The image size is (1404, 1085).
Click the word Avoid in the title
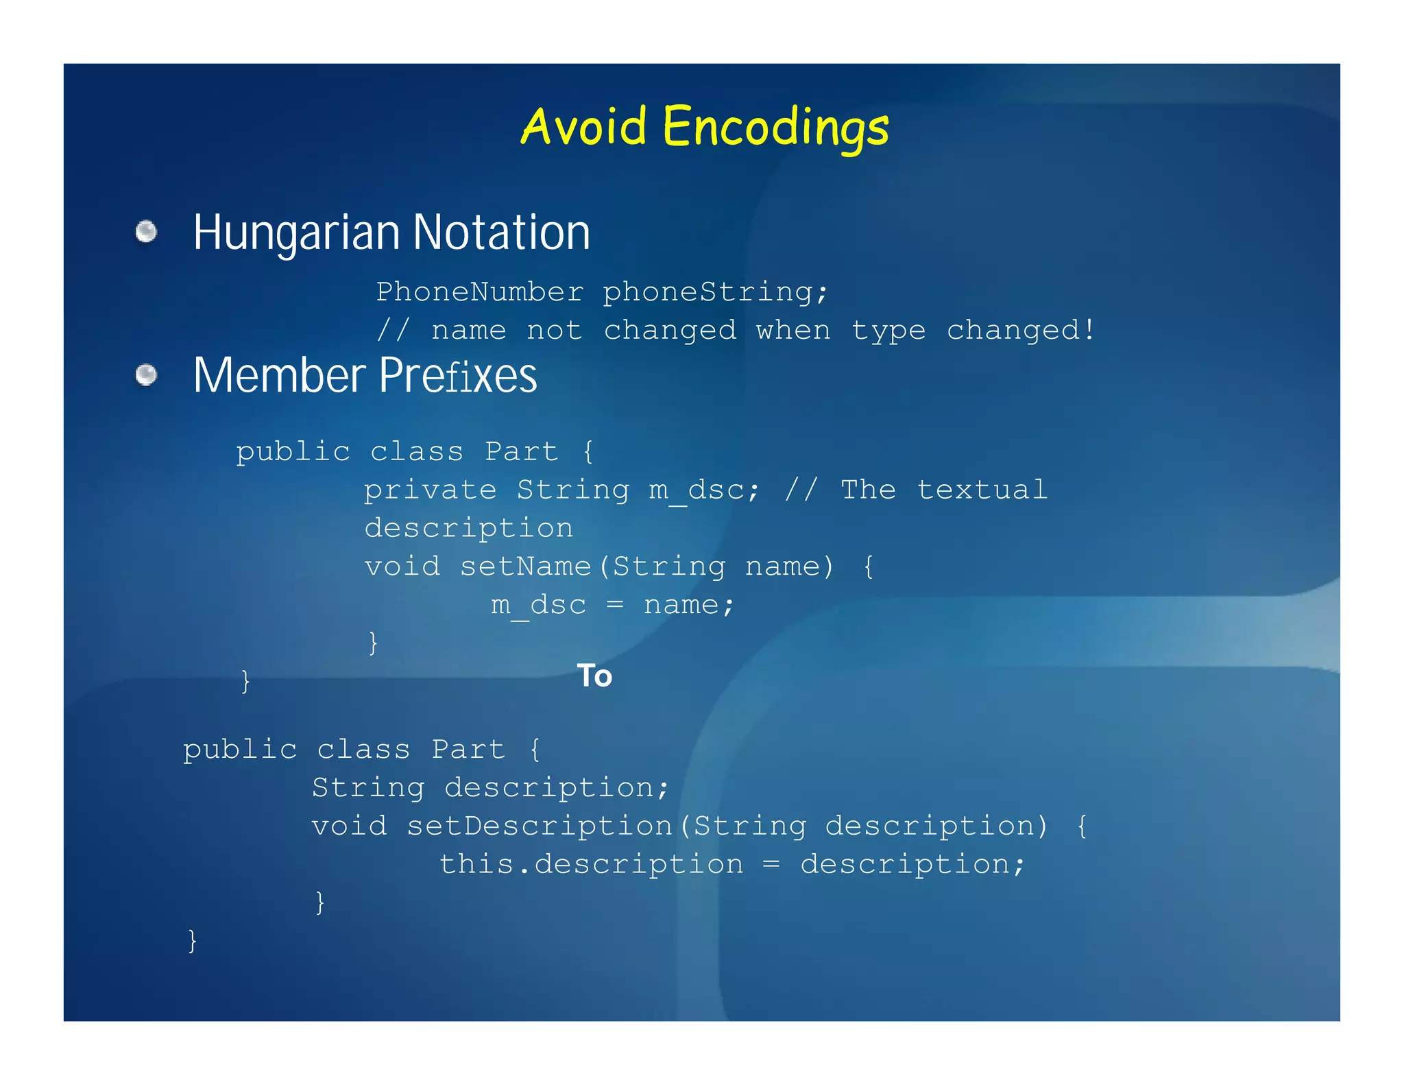(583, 127)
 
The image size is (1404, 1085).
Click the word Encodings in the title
(775, 128)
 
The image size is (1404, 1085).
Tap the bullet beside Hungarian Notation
(146, 232)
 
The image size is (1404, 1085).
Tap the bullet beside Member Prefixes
(146, 375)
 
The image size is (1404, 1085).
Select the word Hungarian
(296, 233)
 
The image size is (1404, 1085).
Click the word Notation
(501, 232)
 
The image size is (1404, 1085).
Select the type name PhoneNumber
(480, 292)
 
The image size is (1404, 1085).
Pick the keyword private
(430, 490)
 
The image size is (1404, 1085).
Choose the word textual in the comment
(982, 490)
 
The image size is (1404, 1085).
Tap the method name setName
(525, 567)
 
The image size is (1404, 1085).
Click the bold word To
(594, 676)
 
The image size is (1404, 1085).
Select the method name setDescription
(540, 826)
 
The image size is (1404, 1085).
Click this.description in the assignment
(591, 864)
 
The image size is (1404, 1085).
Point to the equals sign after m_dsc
(615, 605)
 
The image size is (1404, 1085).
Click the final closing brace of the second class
(193, 940)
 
